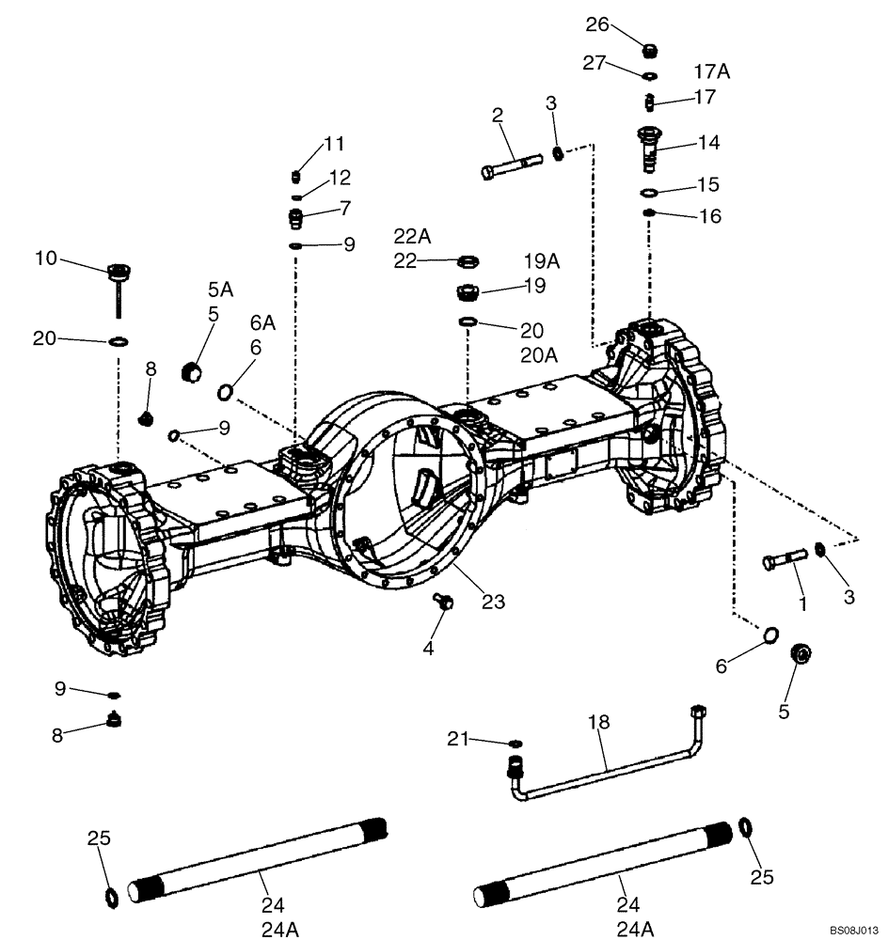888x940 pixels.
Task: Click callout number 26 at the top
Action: click(598, 24)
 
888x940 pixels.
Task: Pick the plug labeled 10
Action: click(119, 274)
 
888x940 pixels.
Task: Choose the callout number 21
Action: click(457, 741)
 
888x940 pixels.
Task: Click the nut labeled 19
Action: click(468, 292)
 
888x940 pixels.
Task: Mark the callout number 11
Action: click(334, 144)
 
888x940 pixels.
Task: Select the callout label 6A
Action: click(262, 322)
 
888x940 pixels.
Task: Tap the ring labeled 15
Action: click(649, 194)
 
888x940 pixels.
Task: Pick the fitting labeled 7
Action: click(295, 218)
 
